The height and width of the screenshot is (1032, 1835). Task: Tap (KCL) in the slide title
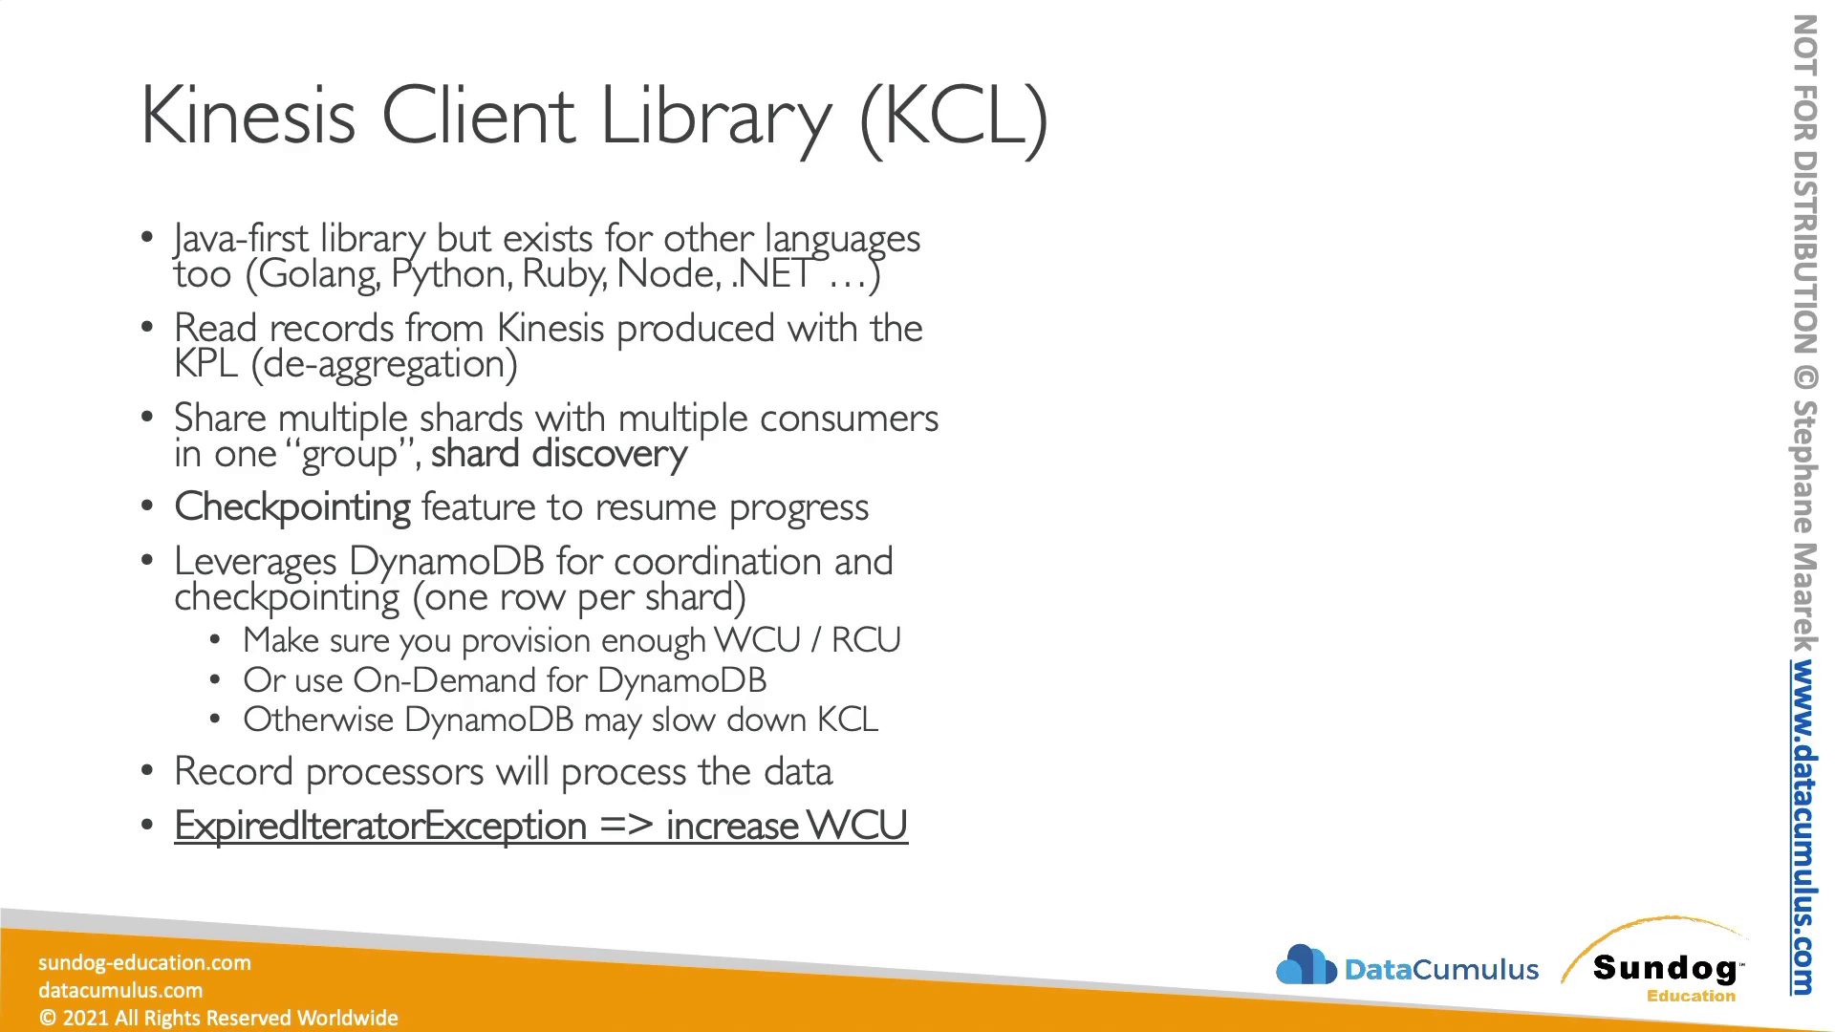[954, 118]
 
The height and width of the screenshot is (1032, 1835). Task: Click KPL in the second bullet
[205, 364]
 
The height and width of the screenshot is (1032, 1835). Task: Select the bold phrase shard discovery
[559, 454]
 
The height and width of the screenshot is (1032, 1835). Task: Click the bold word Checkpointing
[292, 507]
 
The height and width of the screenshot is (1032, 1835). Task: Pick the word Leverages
[255, 562]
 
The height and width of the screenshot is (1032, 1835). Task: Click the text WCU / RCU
[808, 639]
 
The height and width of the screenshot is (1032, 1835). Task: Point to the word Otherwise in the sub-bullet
[318, 720]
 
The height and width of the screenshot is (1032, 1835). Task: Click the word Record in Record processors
[233, 772]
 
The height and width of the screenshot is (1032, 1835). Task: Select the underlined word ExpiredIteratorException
[380, 826]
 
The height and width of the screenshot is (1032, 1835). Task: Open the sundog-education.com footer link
[144, 962]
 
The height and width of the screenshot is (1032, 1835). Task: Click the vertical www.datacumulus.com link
[1803, 828]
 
